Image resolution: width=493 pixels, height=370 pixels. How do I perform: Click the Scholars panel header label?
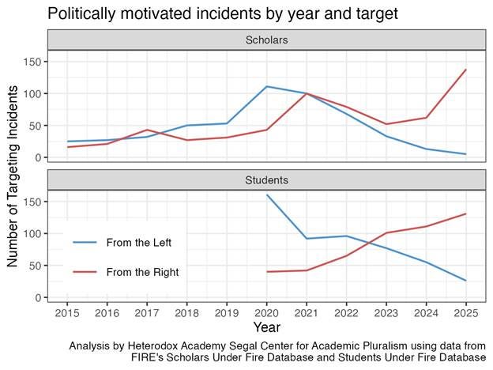coord(266,40)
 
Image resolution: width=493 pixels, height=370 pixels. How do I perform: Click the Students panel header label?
coord(266,180)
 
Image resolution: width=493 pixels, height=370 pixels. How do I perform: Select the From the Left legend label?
coord(138,242)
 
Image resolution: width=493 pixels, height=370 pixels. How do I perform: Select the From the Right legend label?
coord(142,272)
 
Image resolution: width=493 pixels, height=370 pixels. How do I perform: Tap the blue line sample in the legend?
coord(85,242)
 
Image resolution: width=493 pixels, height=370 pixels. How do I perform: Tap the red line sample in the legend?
coord(85,272)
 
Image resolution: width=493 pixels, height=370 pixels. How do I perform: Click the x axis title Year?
coord(266,326)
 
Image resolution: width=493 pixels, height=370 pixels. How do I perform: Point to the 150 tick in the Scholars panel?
coord(34,62)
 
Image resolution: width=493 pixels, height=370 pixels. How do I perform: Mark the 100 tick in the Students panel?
coord(34,234)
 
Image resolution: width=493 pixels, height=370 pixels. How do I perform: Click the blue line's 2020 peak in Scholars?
coord(268,86)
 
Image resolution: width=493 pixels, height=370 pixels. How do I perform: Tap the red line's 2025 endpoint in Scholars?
coord(466,70)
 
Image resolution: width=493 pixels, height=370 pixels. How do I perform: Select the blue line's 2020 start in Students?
coord(268,194)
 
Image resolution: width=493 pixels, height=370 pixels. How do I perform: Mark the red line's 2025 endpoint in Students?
coord(466,213)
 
